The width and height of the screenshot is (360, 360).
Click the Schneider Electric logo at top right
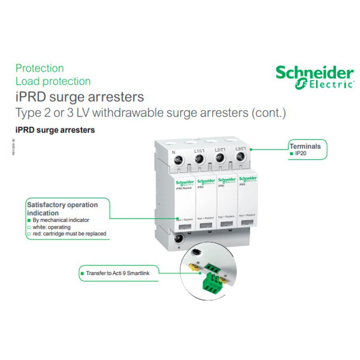[x=314, y=77]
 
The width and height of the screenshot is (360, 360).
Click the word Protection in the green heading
[x=40, y=68]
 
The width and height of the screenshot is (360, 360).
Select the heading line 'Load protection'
[x=53, y=81]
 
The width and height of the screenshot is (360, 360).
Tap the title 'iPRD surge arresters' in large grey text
[x=79, y=97]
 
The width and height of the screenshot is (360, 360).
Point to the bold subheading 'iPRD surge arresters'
[x=55, y=130]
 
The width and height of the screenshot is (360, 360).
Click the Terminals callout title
[x=305, y=146]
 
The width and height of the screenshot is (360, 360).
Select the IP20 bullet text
[x=301, y=154]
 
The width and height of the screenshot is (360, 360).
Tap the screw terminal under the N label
[x=177, y=161]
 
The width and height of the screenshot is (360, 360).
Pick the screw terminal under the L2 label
[x=220, y=158]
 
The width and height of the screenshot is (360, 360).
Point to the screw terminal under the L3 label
[x=241, y=156]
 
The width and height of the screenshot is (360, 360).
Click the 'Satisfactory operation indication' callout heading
[x=62, y=208]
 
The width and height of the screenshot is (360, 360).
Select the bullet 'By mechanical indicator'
[x=61, y=220]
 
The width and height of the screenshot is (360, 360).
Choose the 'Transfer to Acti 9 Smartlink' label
[x=117, y=273]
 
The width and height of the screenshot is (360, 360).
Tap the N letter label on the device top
[x=173, y=152]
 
